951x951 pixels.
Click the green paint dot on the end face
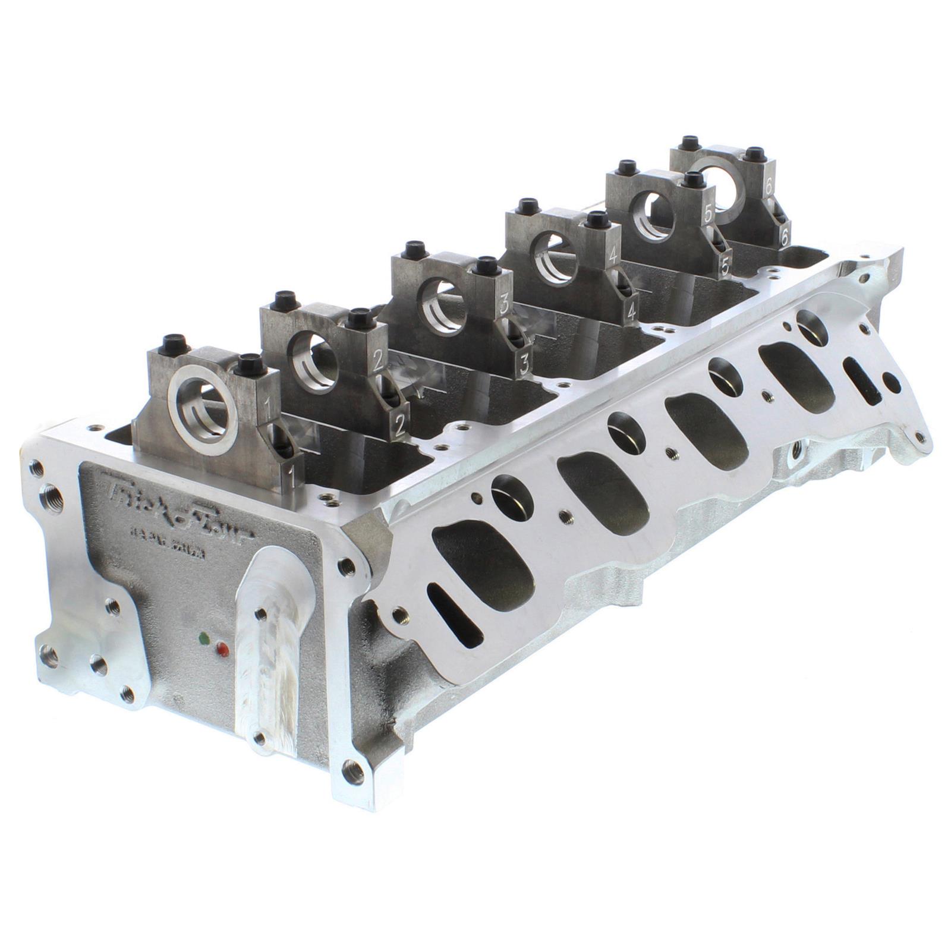[205, 638]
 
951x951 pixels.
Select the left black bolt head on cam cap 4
[525, 207]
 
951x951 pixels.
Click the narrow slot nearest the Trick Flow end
[455, 618]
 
